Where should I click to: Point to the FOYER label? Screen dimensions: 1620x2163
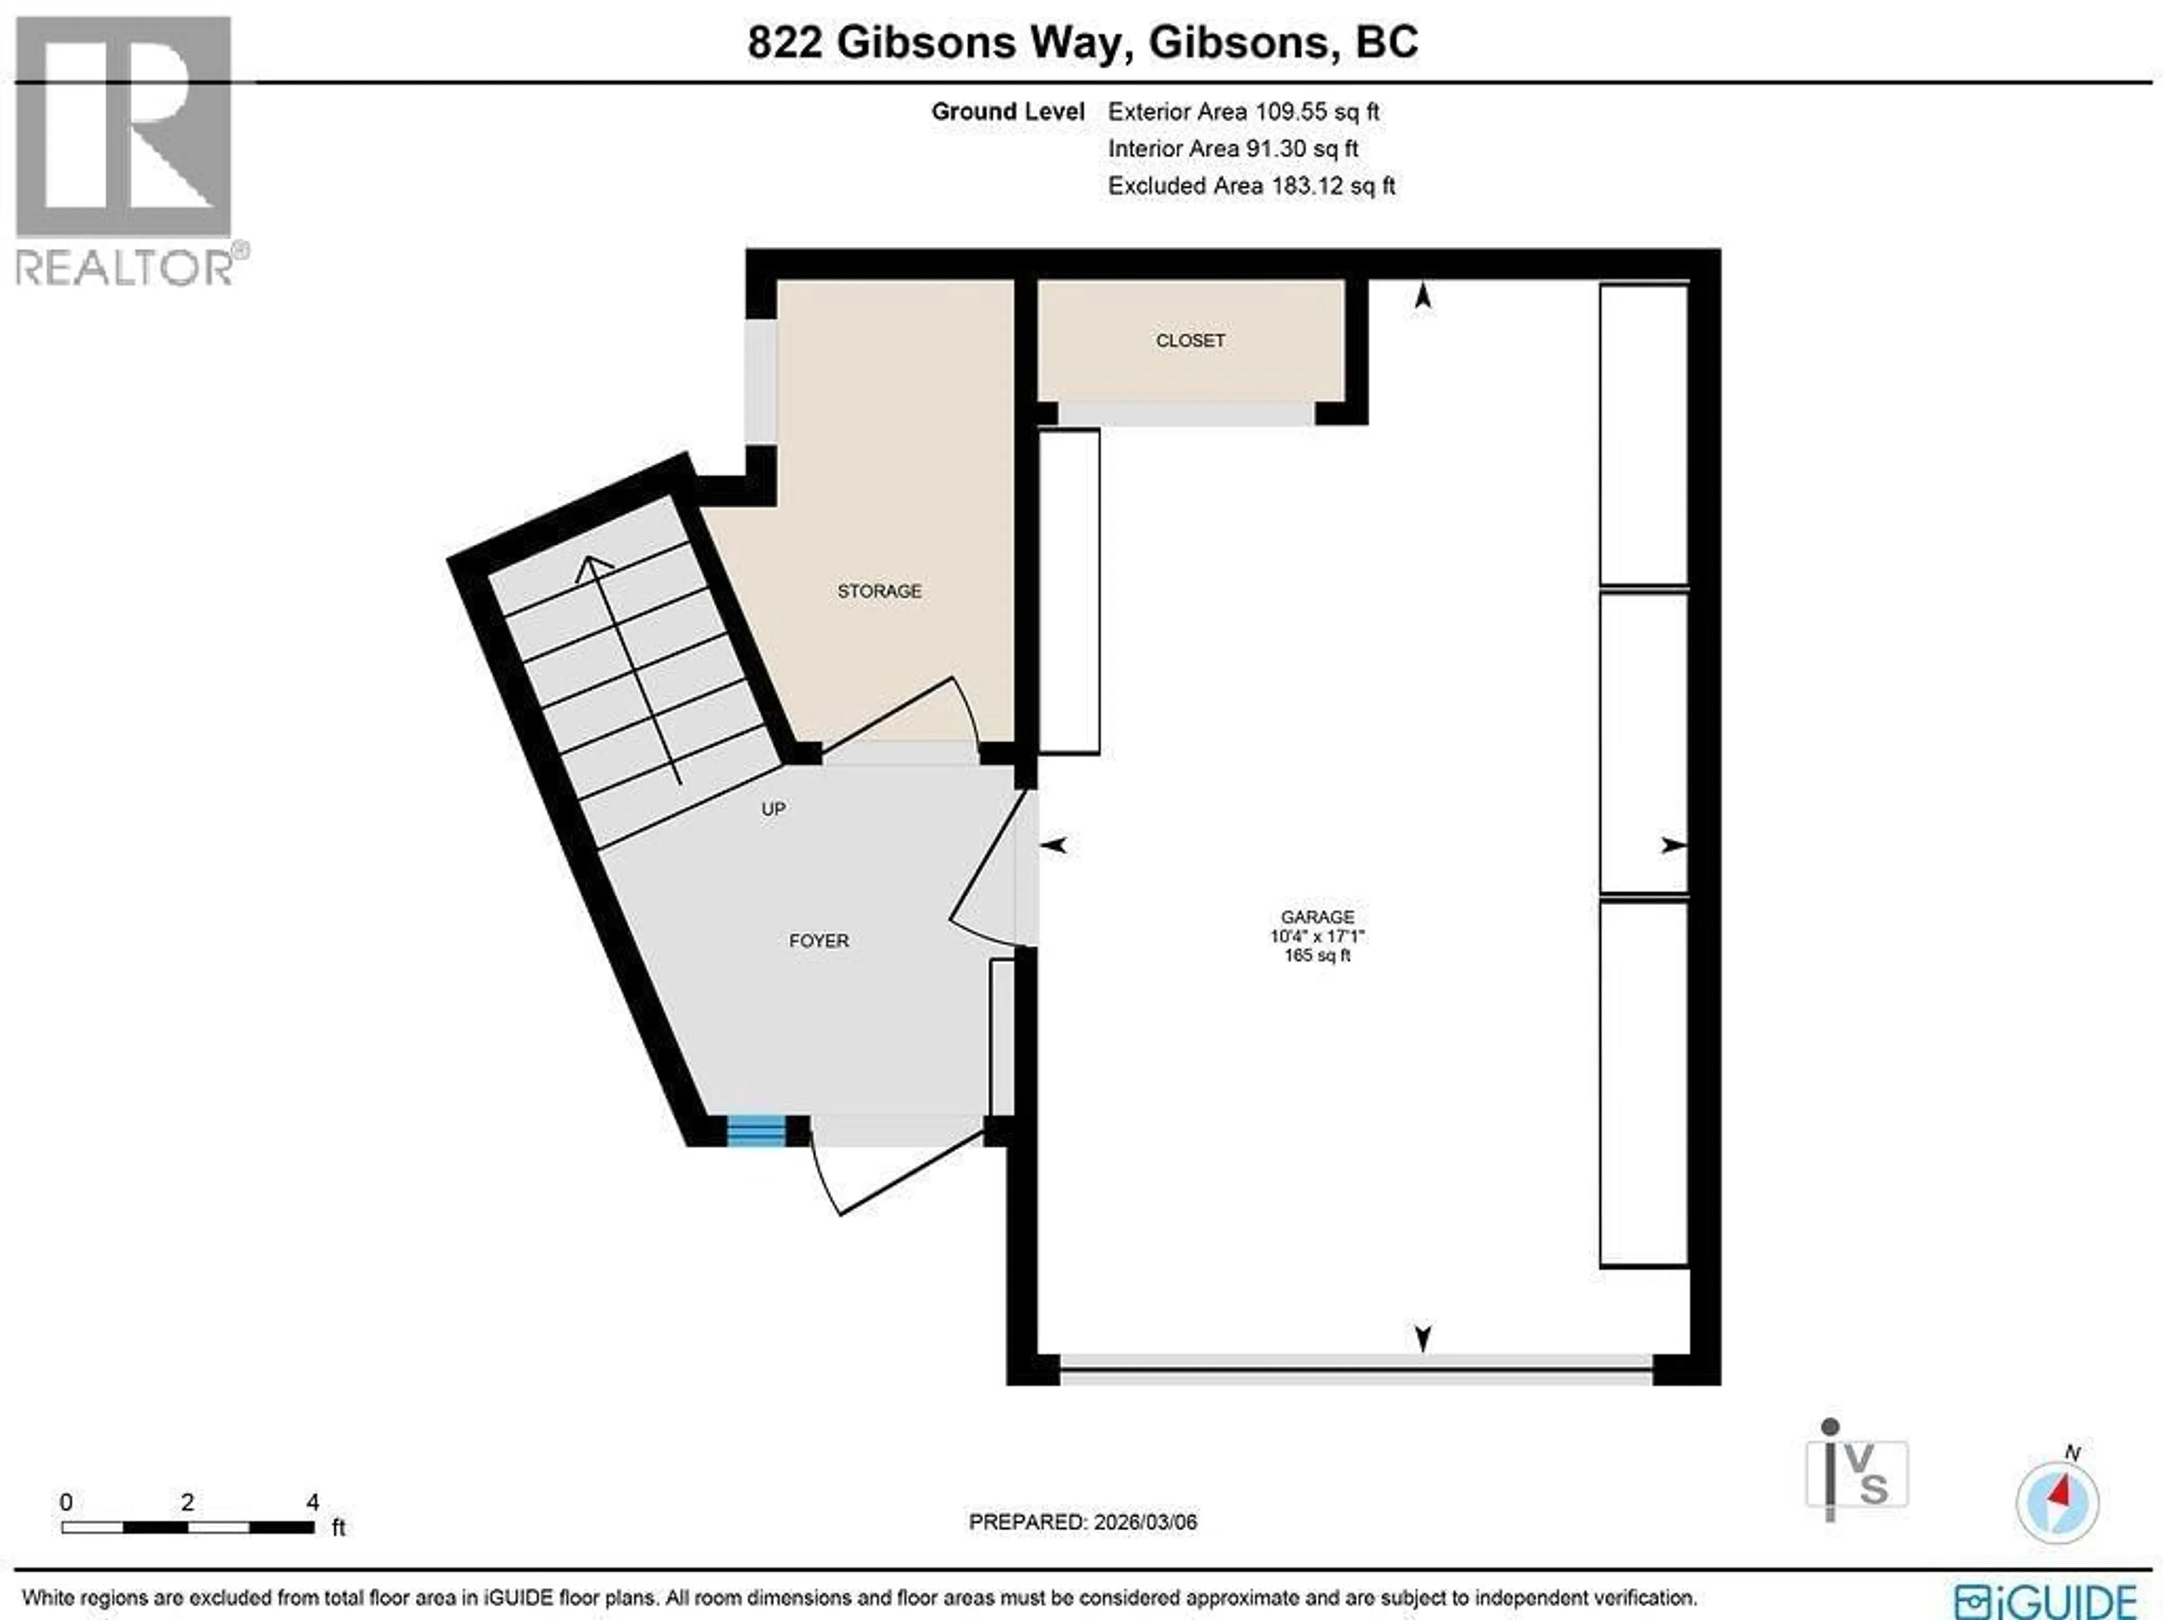pyautogui.click(x=818, y=941)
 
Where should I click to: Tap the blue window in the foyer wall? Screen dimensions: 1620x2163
pyautogui.click(x=756, y=1130)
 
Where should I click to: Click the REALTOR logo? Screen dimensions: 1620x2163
pyautogui.click(x=127, y=152)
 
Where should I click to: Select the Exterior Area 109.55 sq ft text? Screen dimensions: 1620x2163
pyautogui.click(x=1243, y=112)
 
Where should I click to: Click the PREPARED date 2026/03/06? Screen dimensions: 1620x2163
pyautogui.click(x=1083, y=1522)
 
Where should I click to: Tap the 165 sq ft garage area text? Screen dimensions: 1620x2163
pyautogui.click(x=1317, y=955)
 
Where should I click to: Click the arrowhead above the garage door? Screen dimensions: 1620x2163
pyautogui.click(x=1423, y=1337)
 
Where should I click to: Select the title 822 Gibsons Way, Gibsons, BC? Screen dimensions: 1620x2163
pyautogui.click(x=1083, y=43)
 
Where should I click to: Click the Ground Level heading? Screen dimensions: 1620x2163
pyautogui.click(x=1007, y=112)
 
